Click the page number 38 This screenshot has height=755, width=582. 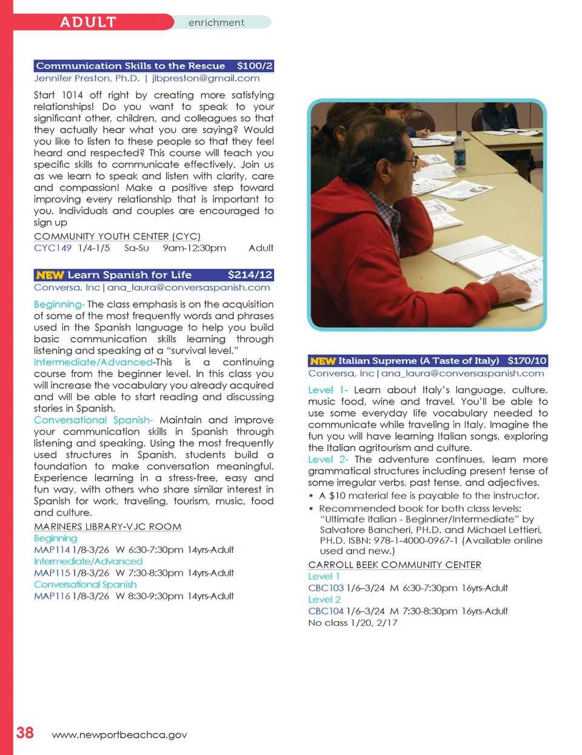point(25,733)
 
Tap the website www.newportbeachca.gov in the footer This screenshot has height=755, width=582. point(119,735)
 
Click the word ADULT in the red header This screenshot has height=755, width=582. point(88,22)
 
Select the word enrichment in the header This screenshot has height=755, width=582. point(216,23)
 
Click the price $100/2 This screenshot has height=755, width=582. point(255,66)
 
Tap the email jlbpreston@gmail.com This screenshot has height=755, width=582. point(206,78)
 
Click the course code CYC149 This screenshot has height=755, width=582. point(53,248)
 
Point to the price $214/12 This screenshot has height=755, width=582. point(250,275)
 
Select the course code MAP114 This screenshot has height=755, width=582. point(52,550)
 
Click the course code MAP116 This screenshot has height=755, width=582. point(52,596)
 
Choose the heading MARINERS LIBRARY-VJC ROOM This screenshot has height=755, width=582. point(108,527)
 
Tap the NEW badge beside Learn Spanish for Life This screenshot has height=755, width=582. point(50,275)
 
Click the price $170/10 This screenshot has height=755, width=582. point(527,361)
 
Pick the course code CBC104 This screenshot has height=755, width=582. point(326,611)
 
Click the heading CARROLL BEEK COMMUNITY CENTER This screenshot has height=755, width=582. point(395,565)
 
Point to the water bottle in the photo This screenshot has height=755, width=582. point(460,149)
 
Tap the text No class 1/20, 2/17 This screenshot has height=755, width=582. point(353,623)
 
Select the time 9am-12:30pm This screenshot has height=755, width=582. point(194,248)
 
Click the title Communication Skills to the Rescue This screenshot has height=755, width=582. point(130,66)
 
